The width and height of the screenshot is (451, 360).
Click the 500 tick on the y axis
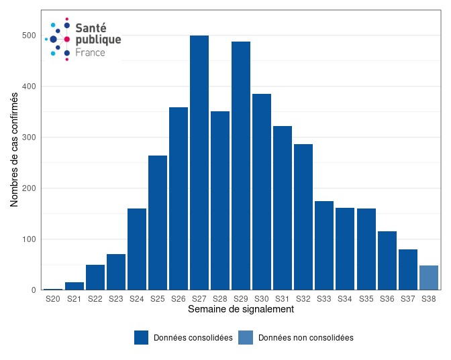click(29, 36)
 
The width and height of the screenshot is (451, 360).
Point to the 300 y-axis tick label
click(29, 137)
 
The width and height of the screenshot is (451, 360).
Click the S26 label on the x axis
click(179, 299)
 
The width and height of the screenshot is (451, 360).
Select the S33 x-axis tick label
click(324, 299)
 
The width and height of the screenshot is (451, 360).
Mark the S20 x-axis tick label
click(53, 299)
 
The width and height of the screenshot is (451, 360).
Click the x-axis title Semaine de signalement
click(240, 310)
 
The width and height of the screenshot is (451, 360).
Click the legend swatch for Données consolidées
click(141, 338)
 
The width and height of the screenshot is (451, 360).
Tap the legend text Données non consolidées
click(305, 338)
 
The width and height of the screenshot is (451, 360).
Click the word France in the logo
click(90, 52)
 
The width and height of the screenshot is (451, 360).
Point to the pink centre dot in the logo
click(67, 40)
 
